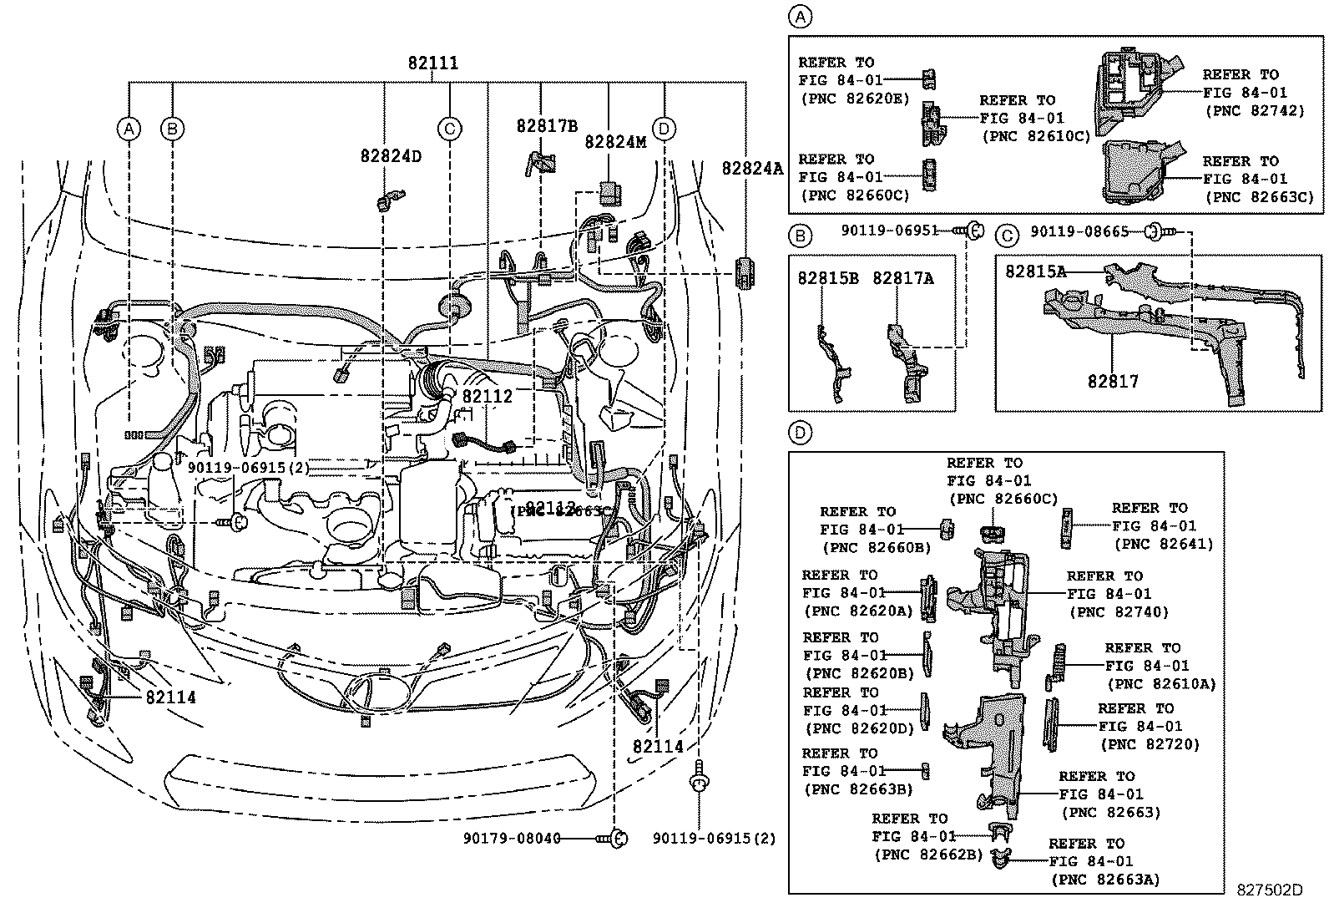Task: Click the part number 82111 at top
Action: click(432, 63)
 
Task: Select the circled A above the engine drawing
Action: click(128, 129)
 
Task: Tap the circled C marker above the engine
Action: click(449, 129)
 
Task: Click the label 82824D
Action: click(391, 156)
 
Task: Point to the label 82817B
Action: click(547, 127)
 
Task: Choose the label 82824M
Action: click(615, 142)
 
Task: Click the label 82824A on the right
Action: click(752, 169)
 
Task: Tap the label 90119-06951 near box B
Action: click(890, 231)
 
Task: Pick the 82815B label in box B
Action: click(827, 278)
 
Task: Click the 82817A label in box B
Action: click(903, 278)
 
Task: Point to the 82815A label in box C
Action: click(1035, 271)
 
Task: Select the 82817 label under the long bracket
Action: click(1112, 382)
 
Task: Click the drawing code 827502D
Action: click(1269, 890)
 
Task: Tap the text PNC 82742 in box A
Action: click(1254, 110)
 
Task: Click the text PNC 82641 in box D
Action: click(1163, 545)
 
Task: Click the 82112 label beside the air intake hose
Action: click(487, 398)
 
